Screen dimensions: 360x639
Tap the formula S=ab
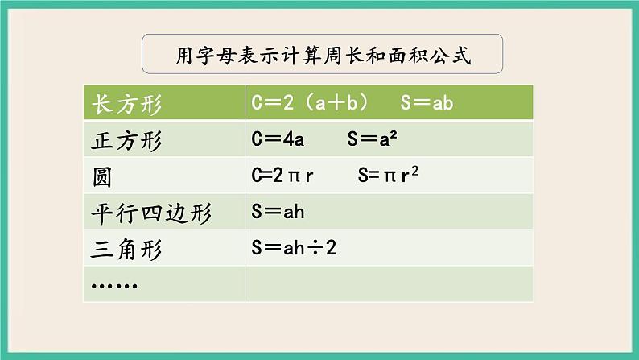[427, 104]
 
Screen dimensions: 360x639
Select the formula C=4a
[278, 139]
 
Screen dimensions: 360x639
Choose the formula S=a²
[374, 139]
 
